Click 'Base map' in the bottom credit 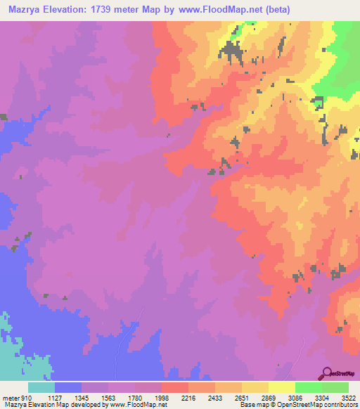click(x=252, y=404)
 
